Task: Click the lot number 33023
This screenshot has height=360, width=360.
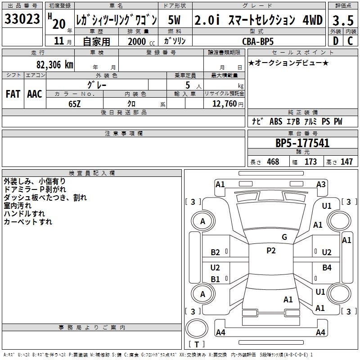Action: [22, 20]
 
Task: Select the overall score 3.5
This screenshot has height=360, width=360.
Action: [342, 20]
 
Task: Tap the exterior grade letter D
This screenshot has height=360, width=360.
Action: [335, 41]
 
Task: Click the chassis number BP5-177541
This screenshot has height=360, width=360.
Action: [302, 144]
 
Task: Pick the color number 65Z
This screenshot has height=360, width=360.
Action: [75, 103]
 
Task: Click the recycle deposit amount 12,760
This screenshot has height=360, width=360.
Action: [224, 103]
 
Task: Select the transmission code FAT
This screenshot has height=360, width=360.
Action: [13, 94]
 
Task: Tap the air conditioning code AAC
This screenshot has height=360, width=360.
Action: [35, 94]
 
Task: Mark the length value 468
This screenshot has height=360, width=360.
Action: [273, 162]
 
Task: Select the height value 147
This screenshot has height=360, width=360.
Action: [346, 162]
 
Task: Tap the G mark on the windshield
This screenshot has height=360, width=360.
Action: [284, 237]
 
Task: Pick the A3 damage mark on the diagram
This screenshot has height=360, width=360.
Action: [321, 184]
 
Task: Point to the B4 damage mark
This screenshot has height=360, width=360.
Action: [327, 268]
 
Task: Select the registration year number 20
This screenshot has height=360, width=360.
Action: [58, 24]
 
